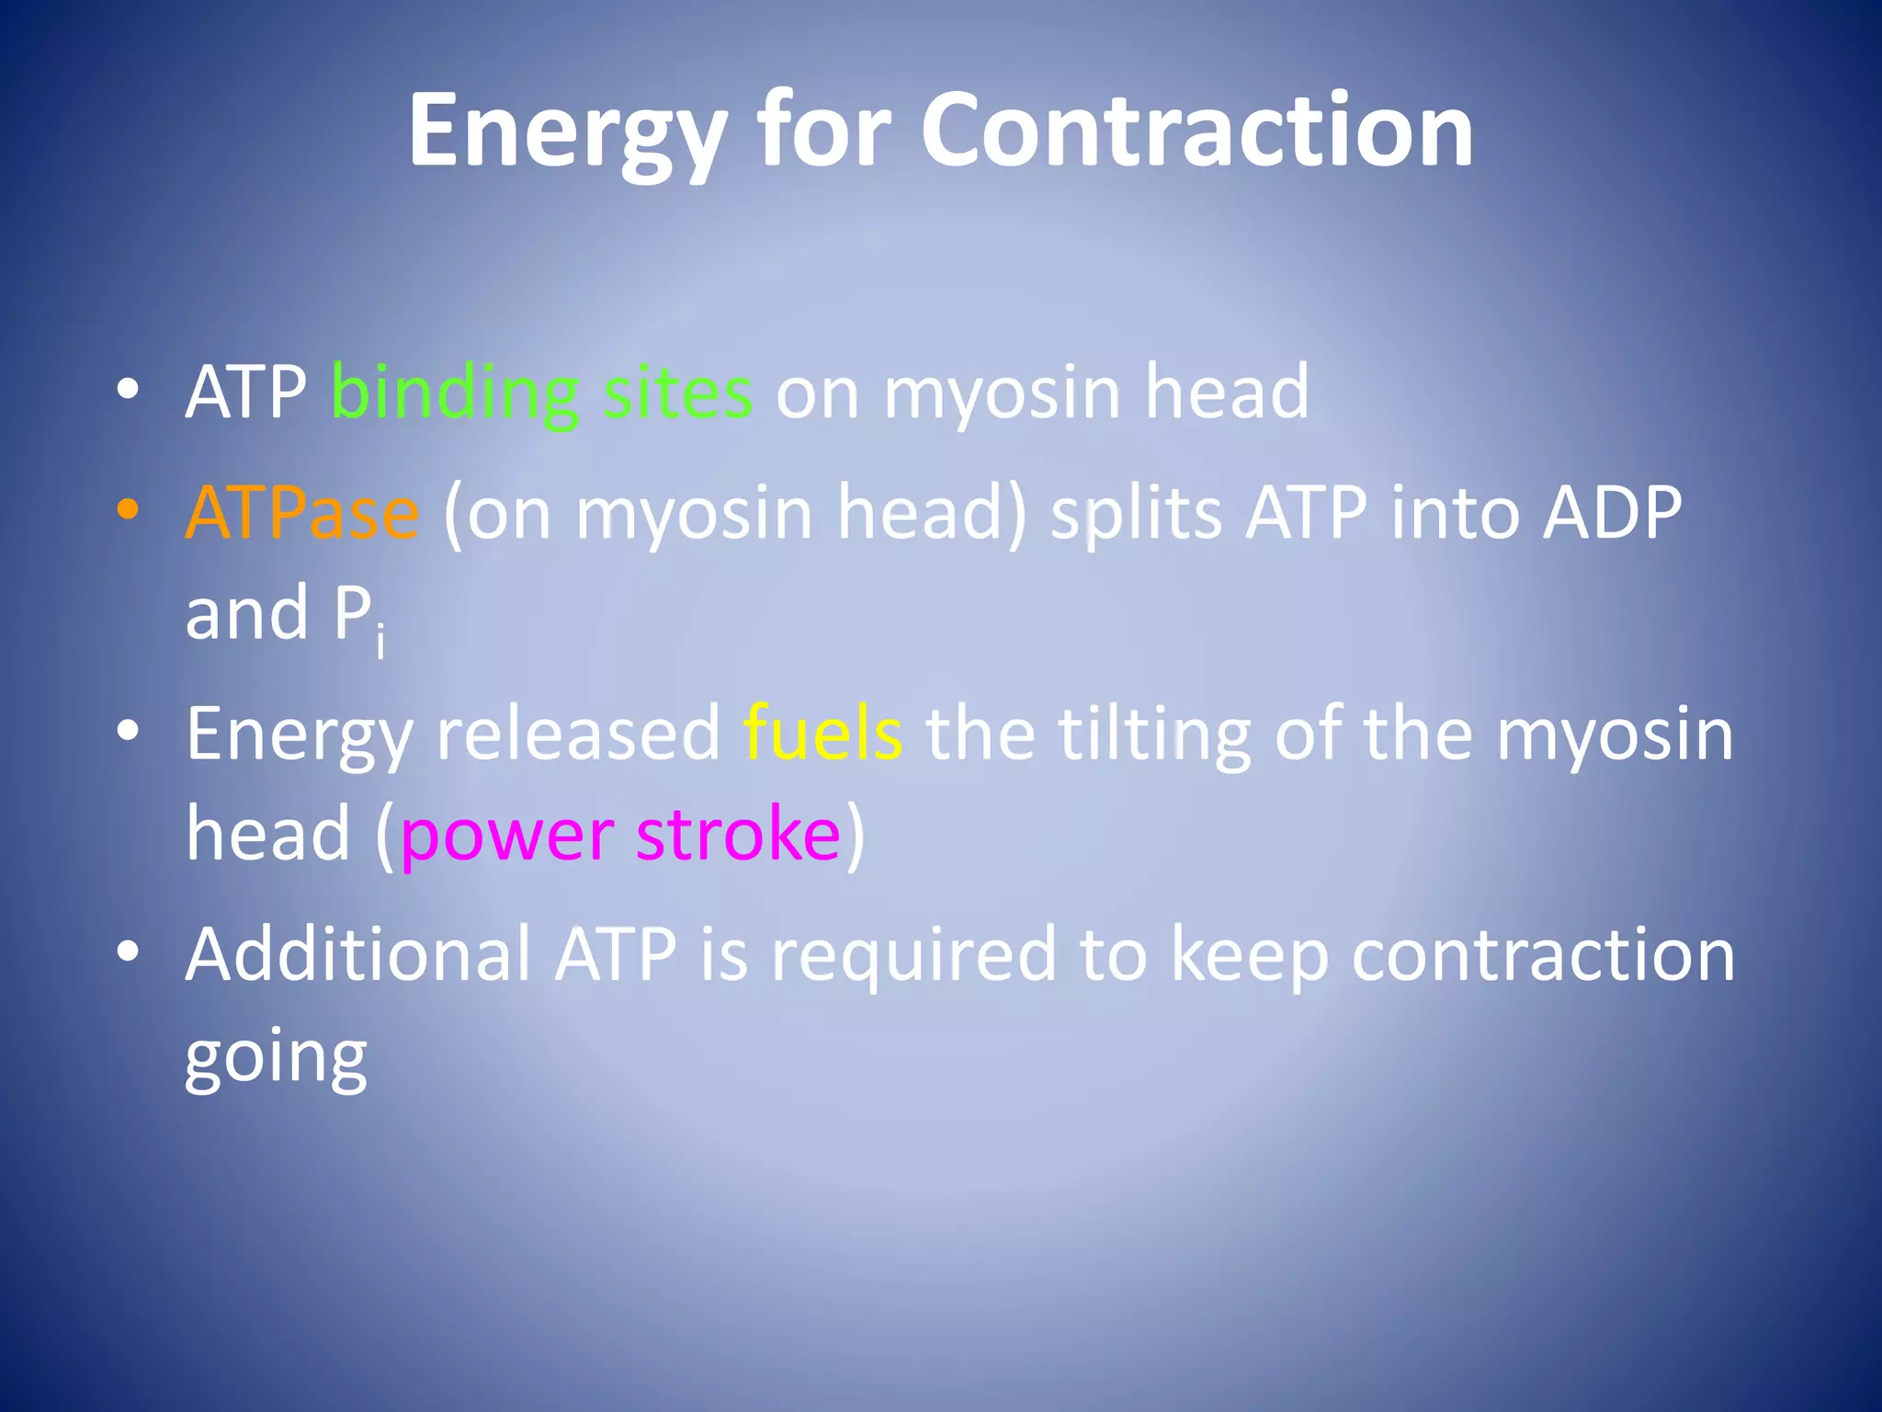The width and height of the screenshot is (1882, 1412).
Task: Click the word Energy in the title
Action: (x=568, y=133)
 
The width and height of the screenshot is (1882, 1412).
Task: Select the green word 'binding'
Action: (x=454, y=393)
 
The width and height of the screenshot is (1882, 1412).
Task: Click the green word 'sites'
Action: (x=677, y=393)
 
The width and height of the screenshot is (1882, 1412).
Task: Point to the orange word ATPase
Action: (x=301, y=513)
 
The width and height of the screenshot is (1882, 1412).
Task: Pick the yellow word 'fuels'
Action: (x=822, y=734)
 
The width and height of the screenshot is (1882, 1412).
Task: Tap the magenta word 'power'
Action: (x=506, y=835)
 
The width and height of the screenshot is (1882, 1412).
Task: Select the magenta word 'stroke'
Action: (x=738, y=835)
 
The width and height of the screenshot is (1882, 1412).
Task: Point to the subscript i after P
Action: (x=380, y=641)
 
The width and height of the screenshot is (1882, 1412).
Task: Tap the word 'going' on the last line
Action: (x=276, y=1059)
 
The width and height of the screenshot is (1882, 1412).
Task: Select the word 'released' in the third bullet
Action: (x=578, y=734)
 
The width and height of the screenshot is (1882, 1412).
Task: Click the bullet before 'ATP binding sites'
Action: (x=129, y=389)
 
